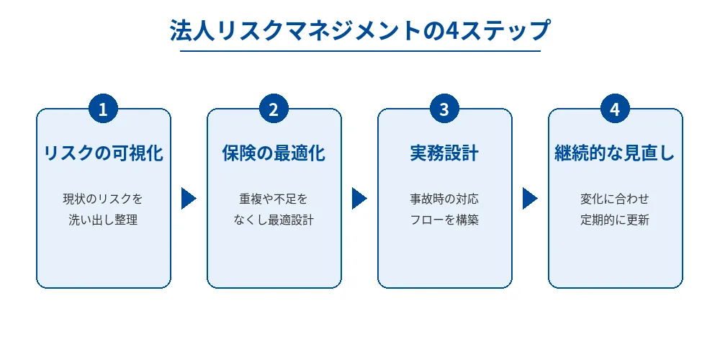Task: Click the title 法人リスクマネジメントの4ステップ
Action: pos(360,31)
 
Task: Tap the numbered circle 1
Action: pos(103,109)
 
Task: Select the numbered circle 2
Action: pos(274,109)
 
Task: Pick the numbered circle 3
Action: pos(444,109)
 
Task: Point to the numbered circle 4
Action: pos(615,109)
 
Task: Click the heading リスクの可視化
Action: pos(103,153)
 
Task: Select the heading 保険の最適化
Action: pos(274,153)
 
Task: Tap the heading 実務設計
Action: pos(444,153)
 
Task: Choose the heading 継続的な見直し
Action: pos(615,153)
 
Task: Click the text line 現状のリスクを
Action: pos(103,198)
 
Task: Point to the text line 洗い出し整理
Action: pos(103,220)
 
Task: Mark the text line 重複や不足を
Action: pos(274,198)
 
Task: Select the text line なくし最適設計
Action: pos(274,220)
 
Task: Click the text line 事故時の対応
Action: pos(444,198)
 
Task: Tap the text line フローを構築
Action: pos(444,220)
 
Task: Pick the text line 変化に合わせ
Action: pos(615,198)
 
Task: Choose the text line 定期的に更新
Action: pos(615,220)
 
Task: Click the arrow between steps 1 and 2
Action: pos(188,198)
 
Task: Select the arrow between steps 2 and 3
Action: pos(359,198)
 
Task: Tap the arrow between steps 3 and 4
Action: pos(529,198)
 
